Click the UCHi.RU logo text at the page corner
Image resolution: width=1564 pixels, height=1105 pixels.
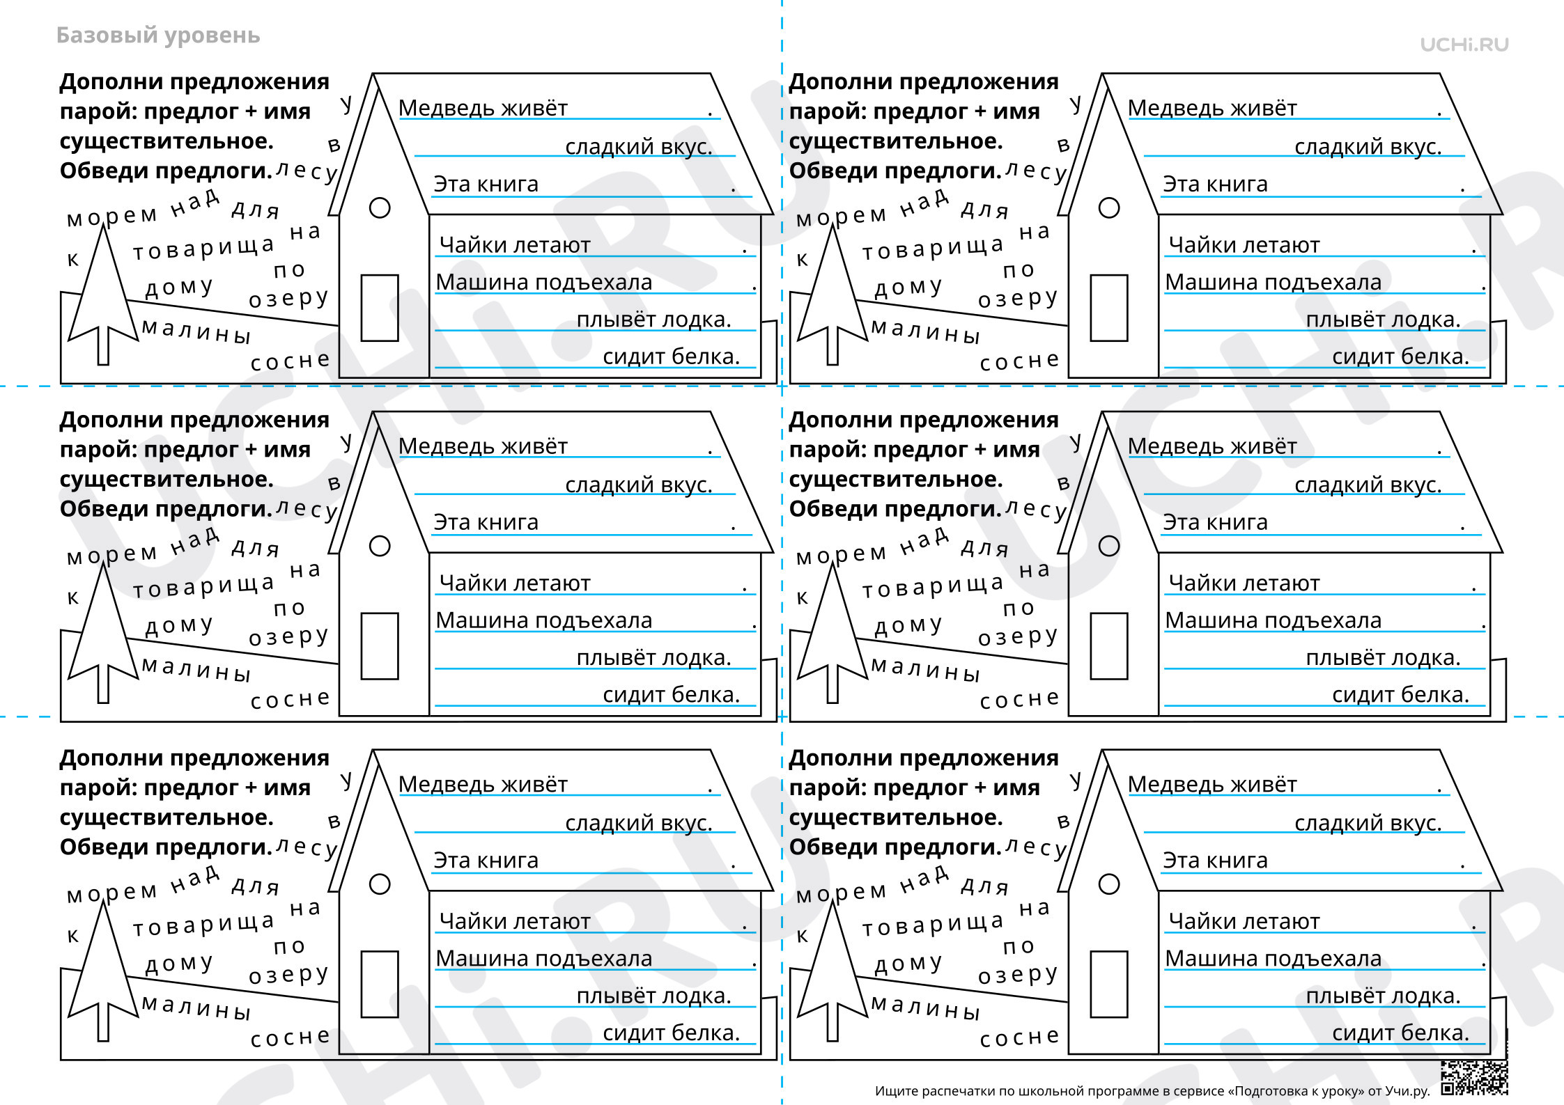pyautogui.click(x=1464, y=45)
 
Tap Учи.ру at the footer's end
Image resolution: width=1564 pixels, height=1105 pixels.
pyautogui.click(x=1407, y=1091)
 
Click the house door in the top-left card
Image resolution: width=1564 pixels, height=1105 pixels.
pyautogui.click(x=380, y=308)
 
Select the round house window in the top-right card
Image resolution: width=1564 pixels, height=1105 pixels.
pyautogui.click(x=1108, y=207)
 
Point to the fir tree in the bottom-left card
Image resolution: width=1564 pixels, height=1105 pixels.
pyautogui.click(x=103, y=971)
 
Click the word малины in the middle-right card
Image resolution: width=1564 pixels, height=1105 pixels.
pyautogui.click(x=926, y=670)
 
